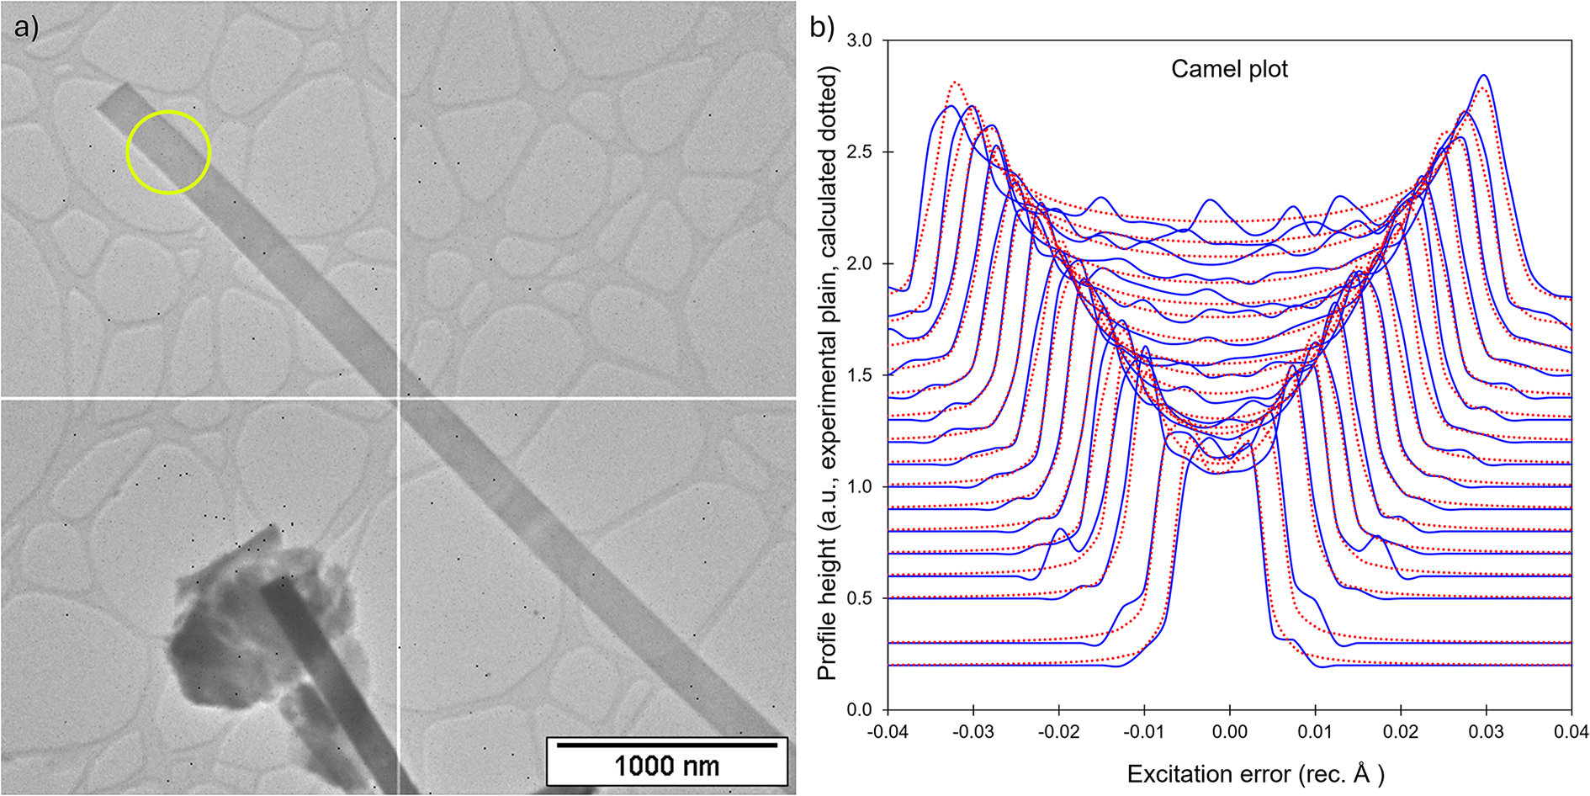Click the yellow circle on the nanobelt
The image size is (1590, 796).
[168, 152]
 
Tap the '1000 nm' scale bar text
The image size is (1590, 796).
[666, 767]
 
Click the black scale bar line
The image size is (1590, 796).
[666, 745]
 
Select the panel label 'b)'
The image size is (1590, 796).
[821, 28]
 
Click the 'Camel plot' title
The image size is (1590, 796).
[1229, 69]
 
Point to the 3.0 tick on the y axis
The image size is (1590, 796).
[859, 40]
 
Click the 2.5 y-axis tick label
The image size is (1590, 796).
[859, 152]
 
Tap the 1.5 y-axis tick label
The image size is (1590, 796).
[859, 375]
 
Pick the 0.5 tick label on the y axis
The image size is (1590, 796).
[859, 598]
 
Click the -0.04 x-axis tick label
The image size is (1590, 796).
[888, 732]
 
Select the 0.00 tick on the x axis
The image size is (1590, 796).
[1229, 732]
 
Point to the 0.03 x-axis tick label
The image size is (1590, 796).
[1486, 732]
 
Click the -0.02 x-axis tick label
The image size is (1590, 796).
[1058, 732]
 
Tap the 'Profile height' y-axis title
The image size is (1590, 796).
[828, 374]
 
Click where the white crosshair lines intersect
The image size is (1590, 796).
[398, 397]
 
